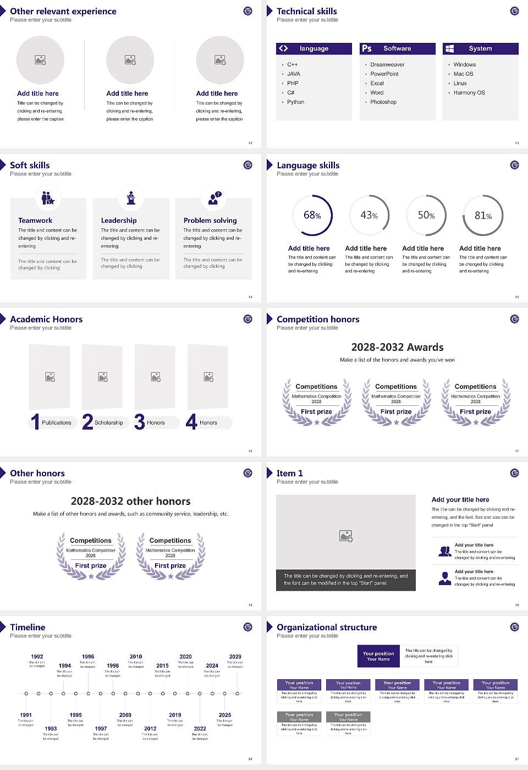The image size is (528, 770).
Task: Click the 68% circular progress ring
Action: [x=312, y=216]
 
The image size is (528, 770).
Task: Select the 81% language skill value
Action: [x=483, y=216]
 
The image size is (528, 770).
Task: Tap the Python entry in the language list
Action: [x=295, y=102]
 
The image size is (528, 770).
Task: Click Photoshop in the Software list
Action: [x=383, y=102]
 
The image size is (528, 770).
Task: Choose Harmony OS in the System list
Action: [x=469, y=93]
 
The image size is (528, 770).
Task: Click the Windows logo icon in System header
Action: [x=449, y=48]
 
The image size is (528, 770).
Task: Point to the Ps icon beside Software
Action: [x=367, y=48]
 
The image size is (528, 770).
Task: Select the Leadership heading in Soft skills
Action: [x=119, y=221]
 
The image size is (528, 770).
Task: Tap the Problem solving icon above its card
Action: [x=213, y=198]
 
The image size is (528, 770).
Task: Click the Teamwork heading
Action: [x=35, y=221]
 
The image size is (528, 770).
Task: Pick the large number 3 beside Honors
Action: [x=139, y=422]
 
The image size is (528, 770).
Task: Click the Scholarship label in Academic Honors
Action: [x=108, y=423]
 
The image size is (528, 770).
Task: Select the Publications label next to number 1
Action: [x=57, y=423]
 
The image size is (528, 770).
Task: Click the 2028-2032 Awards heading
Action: [x=397, y=348]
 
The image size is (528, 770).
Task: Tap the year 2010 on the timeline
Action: [x=136, y=657]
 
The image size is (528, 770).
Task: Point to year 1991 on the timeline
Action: [x=26, y=715]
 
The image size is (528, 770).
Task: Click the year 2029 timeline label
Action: [x=235, y=657]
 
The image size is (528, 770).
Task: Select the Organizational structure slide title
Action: [x=327, y=628]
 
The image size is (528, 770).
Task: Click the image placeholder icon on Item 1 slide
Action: [x=346, y=535]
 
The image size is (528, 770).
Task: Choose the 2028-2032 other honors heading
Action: [x=130, y=502]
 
